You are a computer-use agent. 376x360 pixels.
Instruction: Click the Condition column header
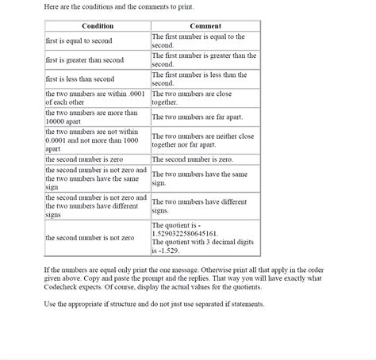coord(98,26)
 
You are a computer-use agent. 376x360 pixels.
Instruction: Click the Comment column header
coord(205,26)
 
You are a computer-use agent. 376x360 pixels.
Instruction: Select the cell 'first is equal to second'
coord(79,40)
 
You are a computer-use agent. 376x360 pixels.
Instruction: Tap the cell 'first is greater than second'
coord(85,59)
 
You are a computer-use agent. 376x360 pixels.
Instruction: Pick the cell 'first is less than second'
coord(80,79)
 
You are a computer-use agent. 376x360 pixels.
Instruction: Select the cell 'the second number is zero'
coord(82,159)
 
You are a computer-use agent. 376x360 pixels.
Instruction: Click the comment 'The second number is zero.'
coord(192,159)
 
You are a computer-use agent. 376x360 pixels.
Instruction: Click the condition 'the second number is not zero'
coord(90,238)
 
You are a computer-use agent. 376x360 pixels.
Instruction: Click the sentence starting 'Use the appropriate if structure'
coord(155,304)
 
